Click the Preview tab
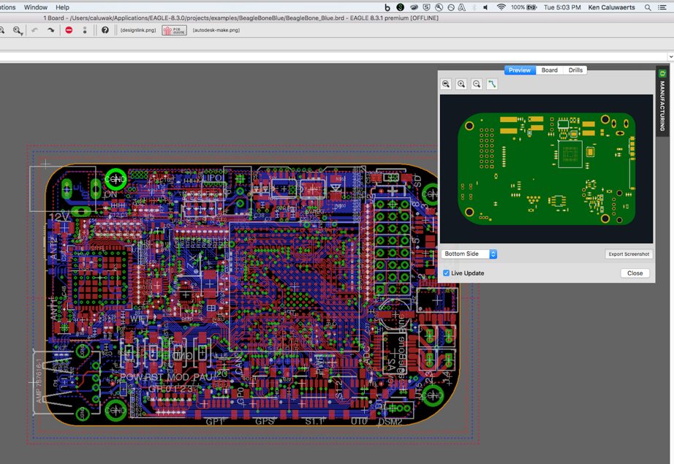point(520,70)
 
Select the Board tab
point(550,70)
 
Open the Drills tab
point(575,70)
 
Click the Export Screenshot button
point(628,254)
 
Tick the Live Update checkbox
point(447,273)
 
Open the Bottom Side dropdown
point(469,254)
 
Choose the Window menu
point(35,7)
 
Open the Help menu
point(63,7)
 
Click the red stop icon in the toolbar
point(69,30)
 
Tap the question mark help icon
point(105,30)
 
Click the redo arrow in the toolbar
point(50,30)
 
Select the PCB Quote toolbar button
point(174,31)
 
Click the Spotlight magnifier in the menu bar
point(648,7)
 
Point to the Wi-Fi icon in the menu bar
point(501,7)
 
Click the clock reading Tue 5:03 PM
point(562,7)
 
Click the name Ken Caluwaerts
point(612,7)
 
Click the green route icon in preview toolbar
point(492,84)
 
